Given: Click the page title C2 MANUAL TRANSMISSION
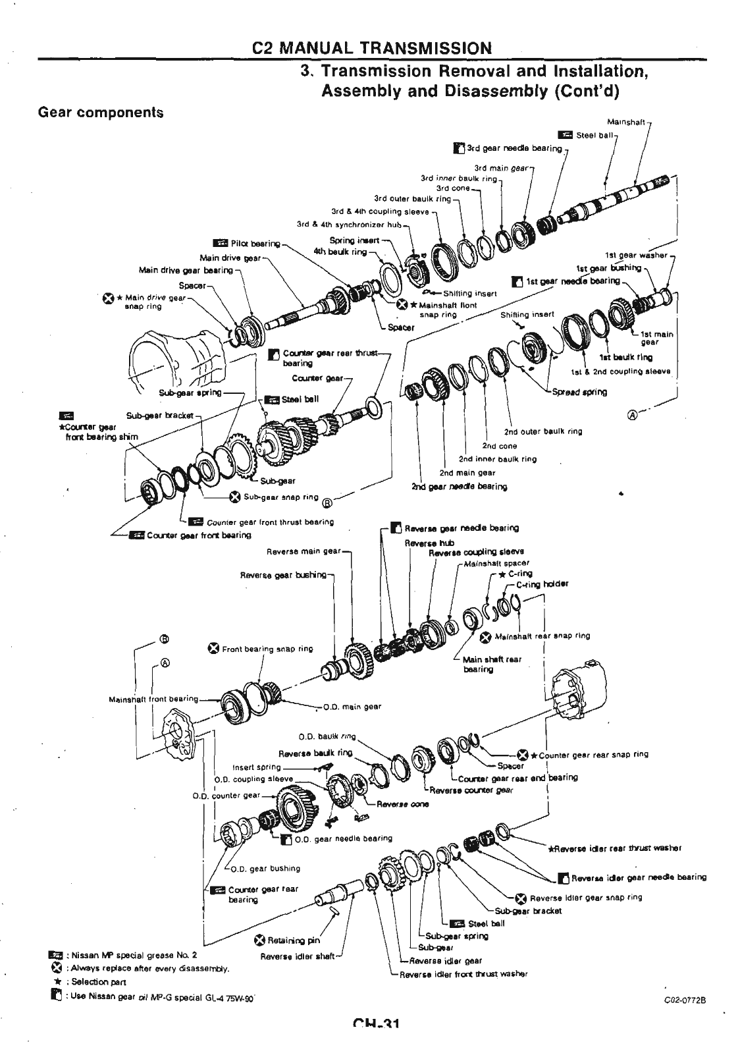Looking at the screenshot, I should click(x=372, y=48).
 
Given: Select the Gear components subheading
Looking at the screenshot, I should click(x=101, y=112).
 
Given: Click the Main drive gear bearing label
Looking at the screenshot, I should click(x=186, y=270).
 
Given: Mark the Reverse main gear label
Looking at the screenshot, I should click(x=303, y=551).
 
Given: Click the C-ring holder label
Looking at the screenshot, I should click(x=542, y=584).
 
